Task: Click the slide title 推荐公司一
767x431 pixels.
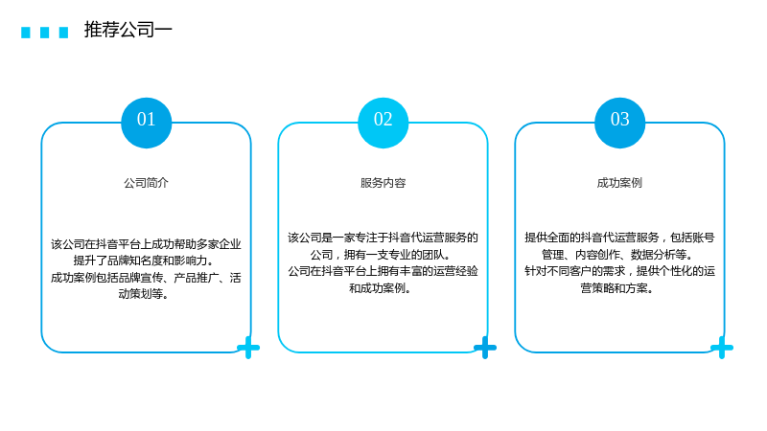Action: coord(128,30)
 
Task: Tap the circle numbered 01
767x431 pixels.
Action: coord(147,123)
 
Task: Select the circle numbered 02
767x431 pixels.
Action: coord(383,123)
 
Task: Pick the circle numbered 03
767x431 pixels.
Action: coord(619,123)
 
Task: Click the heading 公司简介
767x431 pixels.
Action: coord(146,183)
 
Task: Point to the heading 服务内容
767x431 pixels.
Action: coord(383,183)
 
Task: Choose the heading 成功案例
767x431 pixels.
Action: coord(619,183)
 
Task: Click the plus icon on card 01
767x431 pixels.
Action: coord(248,348)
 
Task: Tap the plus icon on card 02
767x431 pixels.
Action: coord(485,348)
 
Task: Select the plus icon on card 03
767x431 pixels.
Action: coord(722,348)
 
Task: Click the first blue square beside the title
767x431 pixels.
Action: coord(26,33)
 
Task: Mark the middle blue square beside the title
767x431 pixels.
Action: coord(44,33)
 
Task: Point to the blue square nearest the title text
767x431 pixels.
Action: coord(63,33)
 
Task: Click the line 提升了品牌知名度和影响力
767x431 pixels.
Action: coord(144,261)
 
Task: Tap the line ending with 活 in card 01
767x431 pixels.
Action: coord(146,278)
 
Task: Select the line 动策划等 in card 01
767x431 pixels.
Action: coord(144,294)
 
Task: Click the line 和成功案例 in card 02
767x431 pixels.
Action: coord(381,288)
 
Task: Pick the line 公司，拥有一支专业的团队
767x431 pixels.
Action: coord(381,255)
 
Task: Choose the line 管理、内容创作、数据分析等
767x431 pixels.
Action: coord(617,255)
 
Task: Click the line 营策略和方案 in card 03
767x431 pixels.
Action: coord(617,288)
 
